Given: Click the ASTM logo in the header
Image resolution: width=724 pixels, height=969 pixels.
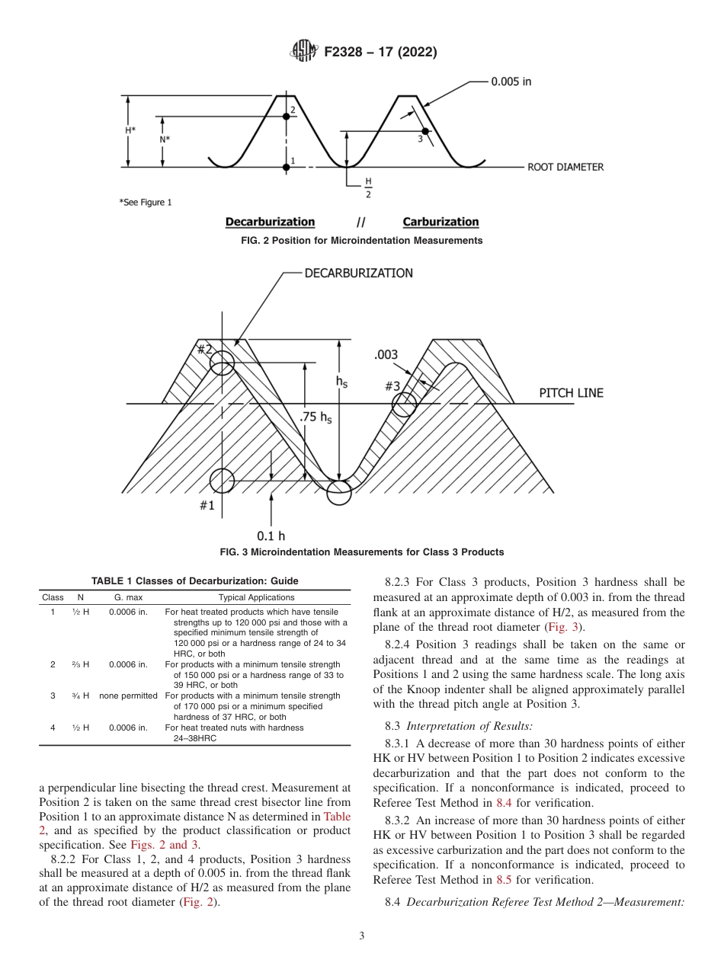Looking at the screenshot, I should pyautogui.click(x=304, y=52).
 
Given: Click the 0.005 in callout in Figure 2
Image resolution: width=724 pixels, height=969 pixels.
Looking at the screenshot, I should pyautogui.click(x=511, y=82).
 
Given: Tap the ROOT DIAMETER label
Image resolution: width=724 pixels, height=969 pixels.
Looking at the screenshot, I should pyautogui.click(x=565, y=167).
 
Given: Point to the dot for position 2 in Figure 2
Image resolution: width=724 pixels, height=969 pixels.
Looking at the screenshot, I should pyautogui.click(x=286, y=115).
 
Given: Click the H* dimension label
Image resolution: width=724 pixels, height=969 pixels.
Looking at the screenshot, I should pyautogui.click(x=130, y=130).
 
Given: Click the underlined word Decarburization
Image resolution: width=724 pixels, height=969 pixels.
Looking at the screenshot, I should pyautogui.click(x=270, y=222).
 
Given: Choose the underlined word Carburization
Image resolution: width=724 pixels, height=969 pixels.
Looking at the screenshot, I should pyautogui.click(x=440, y=222).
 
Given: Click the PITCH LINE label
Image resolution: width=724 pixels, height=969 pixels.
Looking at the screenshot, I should pyautogui.click(x=571, y=393).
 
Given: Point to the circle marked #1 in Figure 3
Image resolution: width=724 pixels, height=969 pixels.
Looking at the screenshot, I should pyautogui.click(x=222, y=481).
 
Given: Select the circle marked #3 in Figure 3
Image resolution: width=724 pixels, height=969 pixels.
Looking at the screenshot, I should pyautogui.click(x=405, y=405).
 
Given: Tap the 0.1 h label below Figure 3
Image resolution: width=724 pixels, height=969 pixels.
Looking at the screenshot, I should pyautogui.click(x=271, y=536).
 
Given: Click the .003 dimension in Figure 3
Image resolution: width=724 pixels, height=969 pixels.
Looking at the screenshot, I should pyautogui.click(x=386, y=355).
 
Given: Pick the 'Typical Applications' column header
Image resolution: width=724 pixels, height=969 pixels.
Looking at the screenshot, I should pyautogui.click(x=256, y=597).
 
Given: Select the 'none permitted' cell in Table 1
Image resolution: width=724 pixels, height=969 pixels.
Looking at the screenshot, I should pyautogui.click(x=128, y=696).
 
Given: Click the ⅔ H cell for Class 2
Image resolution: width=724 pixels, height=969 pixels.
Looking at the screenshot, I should pyautogui.click(x=81, y=664).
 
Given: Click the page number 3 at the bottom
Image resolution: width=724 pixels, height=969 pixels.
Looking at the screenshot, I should pyautogui.click(x=361, y=936).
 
